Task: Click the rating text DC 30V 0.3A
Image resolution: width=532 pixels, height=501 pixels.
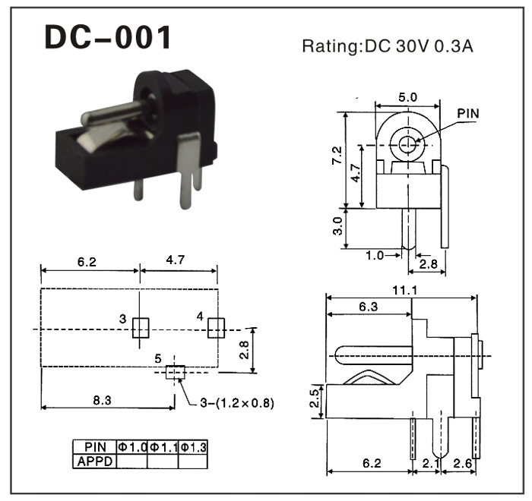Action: pos(388,46)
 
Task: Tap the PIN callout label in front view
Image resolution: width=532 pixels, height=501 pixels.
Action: pos(469,114)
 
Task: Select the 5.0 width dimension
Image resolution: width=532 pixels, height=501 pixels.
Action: pos(407,98)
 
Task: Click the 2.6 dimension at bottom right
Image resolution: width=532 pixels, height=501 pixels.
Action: pos(462,462)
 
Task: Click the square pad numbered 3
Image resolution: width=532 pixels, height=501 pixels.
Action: pos(141,328)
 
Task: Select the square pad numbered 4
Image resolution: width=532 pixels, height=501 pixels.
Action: pos(216,328)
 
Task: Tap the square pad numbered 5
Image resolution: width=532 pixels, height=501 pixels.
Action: pos(175,372)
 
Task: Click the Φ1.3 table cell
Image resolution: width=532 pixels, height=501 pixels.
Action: pos(193,446)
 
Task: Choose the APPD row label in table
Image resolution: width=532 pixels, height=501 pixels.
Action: pos(95,460)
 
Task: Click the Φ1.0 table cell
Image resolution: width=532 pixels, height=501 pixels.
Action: pos(131,446)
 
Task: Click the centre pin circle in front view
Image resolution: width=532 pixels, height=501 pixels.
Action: pos(409,143)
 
